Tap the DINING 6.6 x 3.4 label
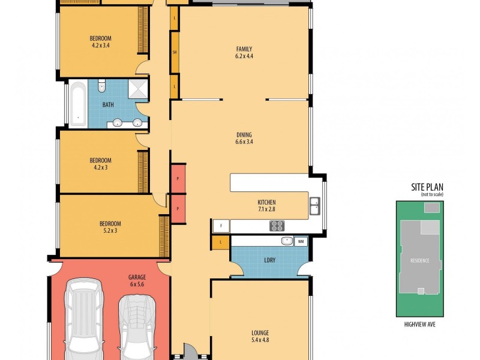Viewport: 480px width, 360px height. [x=244, y=138]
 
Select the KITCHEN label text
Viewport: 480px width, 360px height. [x=266, y=206]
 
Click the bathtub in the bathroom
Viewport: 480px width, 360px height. [x=77, y=105]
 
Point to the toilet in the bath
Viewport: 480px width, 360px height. [x=101, y=86]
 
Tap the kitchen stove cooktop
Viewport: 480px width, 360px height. [x=277, y=226]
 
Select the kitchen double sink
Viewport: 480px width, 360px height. [x=314, y=206]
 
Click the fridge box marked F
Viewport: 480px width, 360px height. [x=221, y=226]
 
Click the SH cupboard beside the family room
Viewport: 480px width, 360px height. [x=175, y=53]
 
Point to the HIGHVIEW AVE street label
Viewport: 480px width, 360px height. [x=419, y=325]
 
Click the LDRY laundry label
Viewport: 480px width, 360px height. [x=269, y=260]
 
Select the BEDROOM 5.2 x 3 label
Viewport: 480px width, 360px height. [x=110, y=227]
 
